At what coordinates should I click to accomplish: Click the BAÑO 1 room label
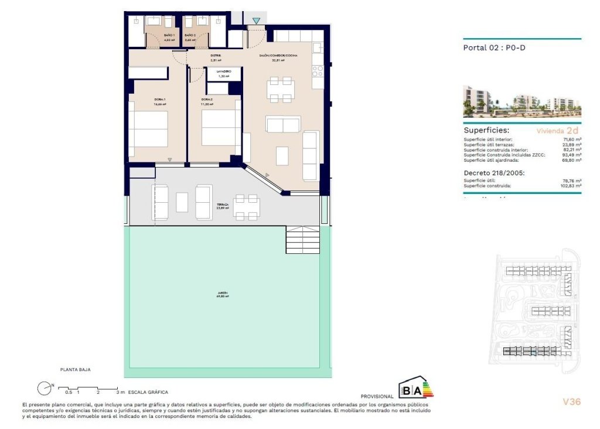click(154, 36)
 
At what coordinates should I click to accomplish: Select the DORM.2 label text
click(207, 100)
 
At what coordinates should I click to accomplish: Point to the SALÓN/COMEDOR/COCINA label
click(278, 56)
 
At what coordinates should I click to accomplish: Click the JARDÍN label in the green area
click(221, 293)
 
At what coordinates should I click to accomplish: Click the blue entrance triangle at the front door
click(256, 21)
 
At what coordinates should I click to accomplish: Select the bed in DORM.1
click(148, 129)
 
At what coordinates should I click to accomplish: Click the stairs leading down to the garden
click(303, 240)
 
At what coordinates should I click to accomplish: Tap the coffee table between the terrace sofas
click(182, 202)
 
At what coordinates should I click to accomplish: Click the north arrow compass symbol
click(44, 388)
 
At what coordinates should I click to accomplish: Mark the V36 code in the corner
click(571, 402)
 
